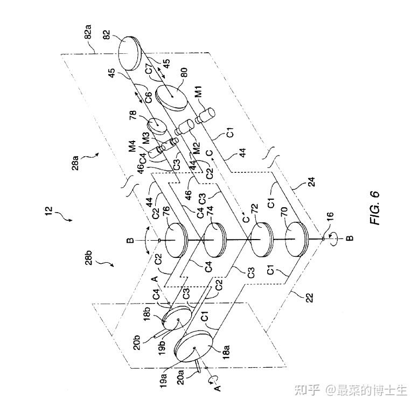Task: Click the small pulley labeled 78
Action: tap(156, 125)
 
